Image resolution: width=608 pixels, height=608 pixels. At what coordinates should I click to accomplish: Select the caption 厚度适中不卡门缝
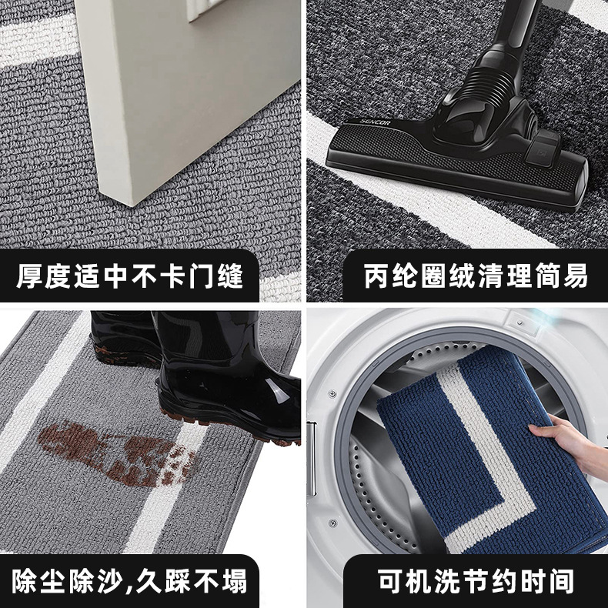point(129,276)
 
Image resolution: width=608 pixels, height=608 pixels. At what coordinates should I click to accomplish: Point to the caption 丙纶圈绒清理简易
point(476,276)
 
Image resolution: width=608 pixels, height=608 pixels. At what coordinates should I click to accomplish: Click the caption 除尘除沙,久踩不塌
point(129,581)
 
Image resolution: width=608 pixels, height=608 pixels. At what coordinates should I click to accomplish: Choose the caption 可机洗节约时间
point(476,581)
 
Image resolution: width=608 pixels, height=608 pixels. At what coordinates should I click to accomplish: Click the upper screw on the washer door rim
point(332,394)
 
